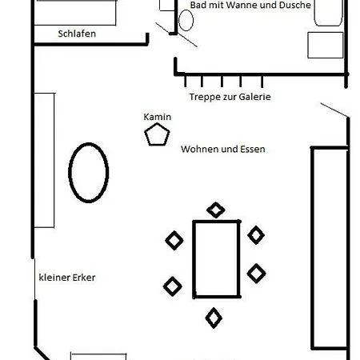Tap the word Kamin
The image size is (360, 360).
tap(158, 117)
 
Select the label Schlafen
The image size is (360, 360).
tap(77, 34)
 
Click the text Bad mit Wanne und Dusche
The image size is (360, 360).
tap(250, 5)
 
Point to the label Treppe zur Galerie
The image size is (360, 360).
tap(230, 97)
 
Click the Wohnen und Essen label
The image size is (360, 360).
tap(223, 149)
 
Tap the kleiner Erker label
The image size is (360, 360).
tap(67, 278)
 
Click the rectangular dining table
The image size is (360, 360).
tap(194, 258)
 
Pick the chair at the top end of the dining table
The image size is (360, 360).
tap(216, 210)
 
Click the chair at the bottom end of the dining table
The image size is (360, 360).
tap(214, 318)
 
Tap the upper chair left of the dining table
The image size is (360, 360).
tap(174, 240)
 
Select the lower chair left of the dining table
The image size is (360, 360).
tap(173, 286)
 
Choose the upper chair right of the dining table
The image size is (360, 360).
tap(256, 235)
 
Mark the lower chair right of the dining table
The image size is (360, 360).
tap(256, 274)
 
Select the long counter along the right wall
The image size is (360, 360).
tap(313, 248)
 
